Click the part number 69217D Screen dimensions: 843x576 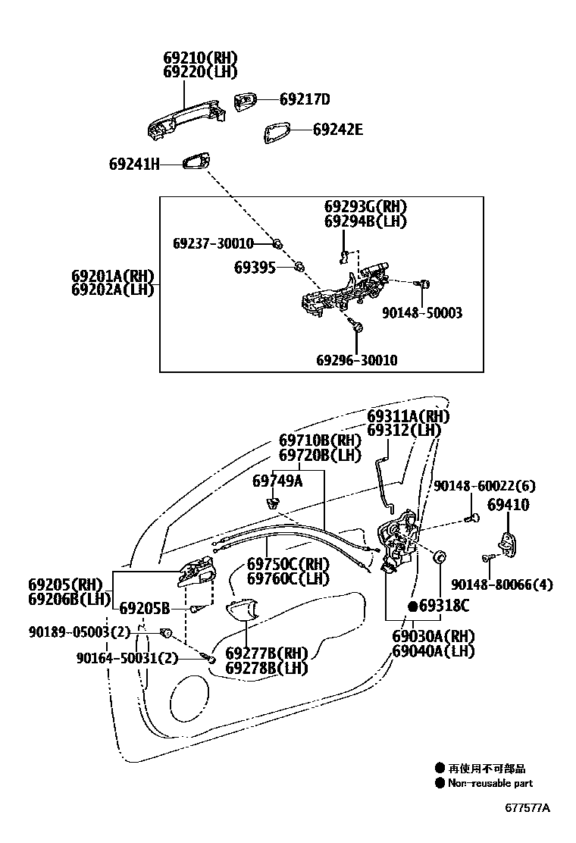point(305,99)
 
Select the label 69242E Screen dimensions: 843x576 point(337,130)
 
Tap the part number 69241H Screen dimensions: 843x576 point(134,163)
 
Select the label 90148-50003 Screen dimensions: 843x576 point(421,312)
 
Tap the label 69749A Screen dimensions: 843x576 point(277,481)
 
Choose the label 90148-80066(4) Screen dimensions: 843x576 point(502,584)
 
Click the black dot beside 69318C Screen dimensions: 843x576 point(413,606)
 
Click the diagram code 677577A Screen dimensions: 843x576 point(527,807)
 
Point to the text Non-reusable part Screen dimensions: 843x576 point(490,783)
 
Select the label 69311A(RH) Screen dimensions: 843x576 point(408,416)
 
